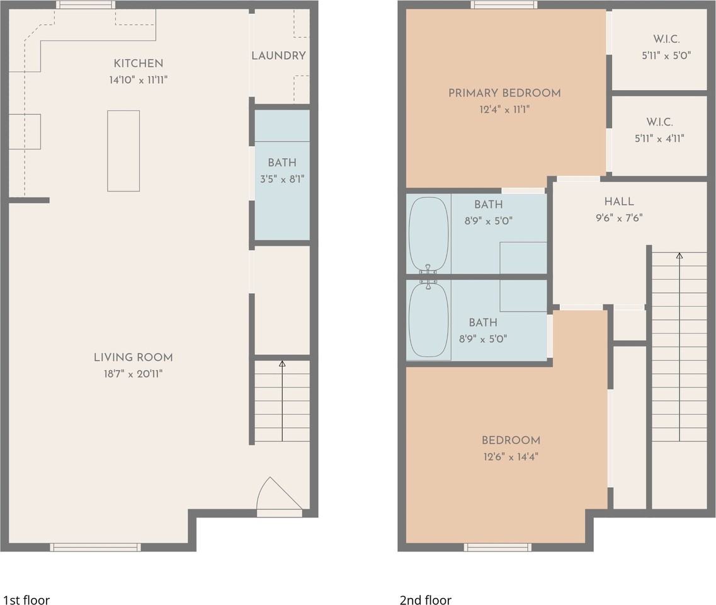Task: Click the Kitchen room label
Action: [x=139, y=64]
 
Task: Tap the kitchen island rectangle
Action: [x=123, y=151]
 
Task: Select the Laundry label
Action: [x=278, y=55]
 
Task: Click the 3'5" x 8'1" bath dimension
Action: [x=282, y=179]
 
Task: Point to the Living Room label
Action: [x=134, y=357]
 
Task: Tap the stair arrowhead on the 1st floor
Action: [x=282, y=364]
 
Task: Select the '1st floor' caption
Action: [x=26, y=599]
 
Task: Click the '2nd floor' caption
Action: [x=426, y=599]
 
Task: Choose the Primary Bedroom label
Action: [x=504, y=93]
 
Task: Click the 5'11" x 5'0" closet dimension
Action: [x=666, y=55]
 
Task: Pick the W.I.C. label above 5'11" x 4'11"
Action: [x=659, y=122]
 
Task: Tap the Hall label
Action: [x=619, y=202]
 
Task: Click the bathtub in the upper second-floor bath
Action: [x=428, y=234]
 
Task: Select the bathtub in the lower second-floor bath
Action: [x=428, y=320]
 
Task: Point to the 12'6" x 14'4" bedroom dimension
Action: [x=511, y=457]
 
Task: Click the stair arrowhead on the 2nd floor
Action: [x=679, y=256]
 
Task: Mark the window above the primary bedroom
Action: [x=504, y=5]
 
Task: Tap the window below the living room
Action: [x=96, y=548]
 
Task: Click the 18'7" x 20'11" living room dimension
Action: [x=134, y=374]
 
